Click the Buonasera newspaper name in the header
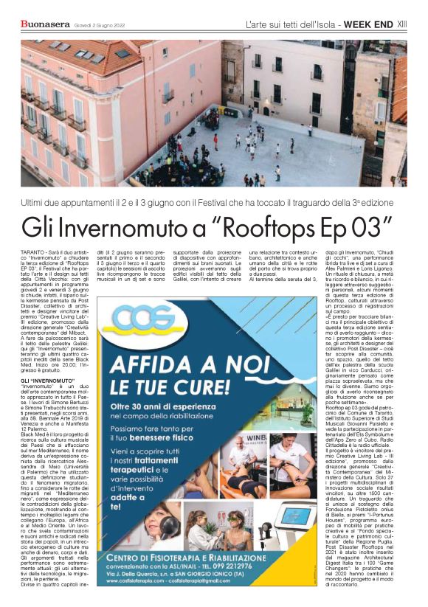[x=46, y=25]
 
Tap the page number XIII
[x=402, y=24]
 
